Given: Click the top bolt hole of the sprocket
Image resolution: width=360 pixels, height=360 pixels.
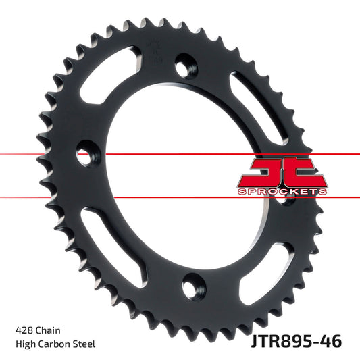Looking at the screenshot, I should coord(183,66).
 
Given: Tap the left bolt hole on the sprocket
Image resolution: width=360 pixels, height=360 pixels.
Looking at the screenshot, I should coord(86,149).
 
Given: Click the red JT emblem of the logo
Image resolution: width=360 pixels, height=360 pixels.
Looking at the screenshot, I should coord(281,172).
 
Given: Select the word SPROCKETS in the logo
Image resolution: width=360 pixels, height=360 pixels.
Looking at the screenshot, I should coord(282,192).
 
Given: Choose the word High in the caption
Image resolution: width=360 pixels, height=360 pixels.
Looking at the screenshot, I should coord(25,344).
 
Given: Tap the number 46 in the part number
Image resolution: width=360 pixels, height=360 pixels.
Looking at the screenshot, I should coord(331,340).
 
